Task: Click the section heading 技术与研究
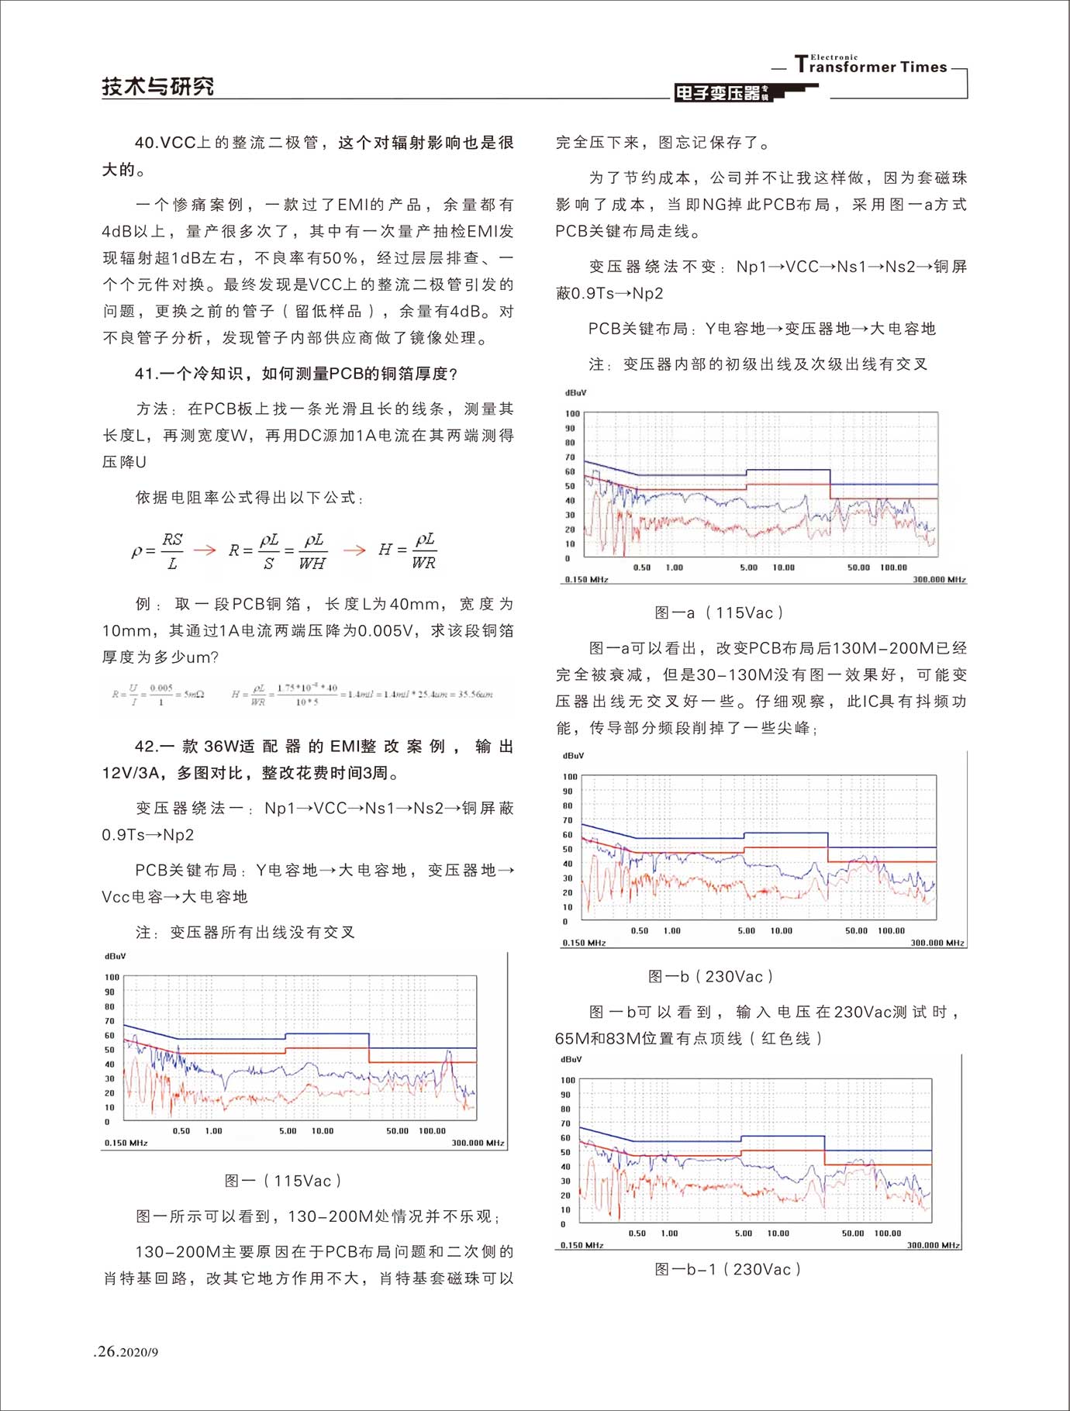tap(158, 86)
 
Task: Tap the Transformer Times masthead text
tap(872, 66)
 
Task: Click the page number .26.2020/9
tap(126, 1351)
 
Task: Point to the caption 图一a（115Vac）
tap(719, 612)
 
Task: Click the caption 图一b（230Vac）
tap(710, 976)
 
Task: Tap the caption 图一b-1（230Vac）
tap(727, 1269)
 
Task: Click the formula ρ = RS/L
tap(157, 550)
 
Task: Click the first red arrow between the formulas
tap(205, 550)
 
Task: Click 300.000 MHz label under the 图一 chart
tap(478, 1143)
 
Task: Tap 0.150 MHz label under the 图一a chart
tap(586, 579)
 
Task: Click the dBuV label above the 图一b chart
tap(573, 755)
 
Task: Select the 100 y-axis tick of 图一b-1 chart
tap(568, 1080)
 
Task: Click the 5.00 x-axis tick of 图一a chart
tap(748, 568)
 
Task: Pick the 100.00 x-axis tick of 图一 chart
tap(432, 1131)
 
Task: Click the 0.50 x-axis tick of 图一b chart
tap(639, 930)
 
